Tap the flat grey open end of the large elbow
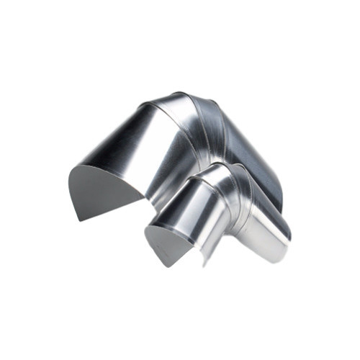[101, 191]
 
